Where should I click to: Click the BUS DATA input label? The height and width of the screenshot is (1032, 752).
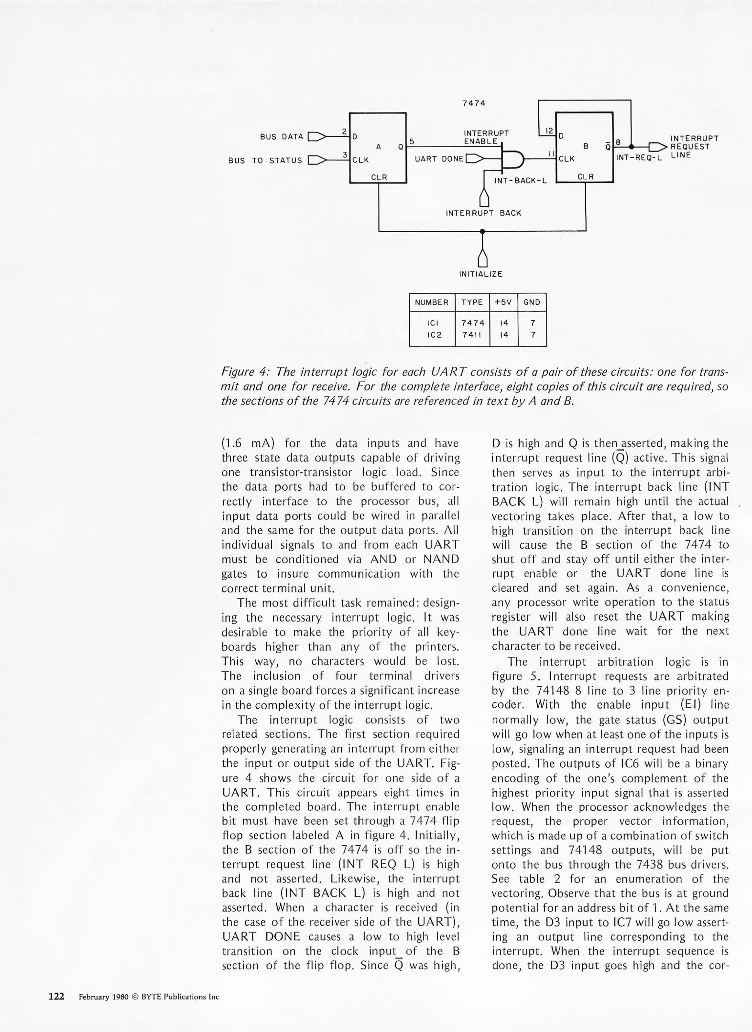tap(282, 137)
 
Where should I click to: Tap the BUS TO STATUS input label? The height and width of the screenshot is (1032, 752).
tap(265, 161)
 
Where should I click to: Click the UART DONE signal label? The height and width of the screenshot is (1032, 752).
tap(439, 159)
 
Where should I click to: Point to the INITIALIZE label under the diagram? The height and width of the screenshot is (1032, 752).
tap(480, 274)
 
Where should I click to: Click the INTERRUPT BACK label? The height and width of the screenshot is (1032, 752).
tap(483, 213)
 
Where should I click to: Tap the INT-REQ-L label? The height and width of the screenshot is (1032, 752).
tap(639, 158)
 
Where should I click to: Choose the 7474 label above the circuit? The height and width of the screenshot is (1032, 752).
tap(474, 103)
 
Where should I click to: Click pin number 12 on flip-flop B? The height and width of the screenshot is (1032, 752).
tap(549, 130)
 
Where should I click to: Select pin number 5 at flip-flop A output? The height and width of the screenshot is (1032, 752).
tap(411, 141)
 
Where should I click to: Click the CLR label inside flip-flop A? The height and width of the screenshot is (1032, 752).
tap(379, 177)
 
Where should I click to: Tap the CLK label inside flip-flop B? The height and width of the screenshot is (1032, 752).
tap(567, 159)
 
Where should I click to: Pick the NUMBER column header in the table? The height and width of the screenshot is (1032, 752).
tap(432, 302)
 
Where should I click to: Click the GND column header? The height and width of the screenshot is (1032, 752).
tap(532, 302)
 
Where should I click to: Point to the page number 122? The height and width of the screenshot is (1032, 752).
tap(56, 996)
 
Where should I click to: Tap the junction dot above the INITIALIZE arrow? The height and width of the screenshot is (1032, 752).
tap(482, 231)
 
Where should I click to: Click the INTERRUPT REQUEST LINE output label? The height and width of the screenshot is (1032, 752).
tap(694, 147)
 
